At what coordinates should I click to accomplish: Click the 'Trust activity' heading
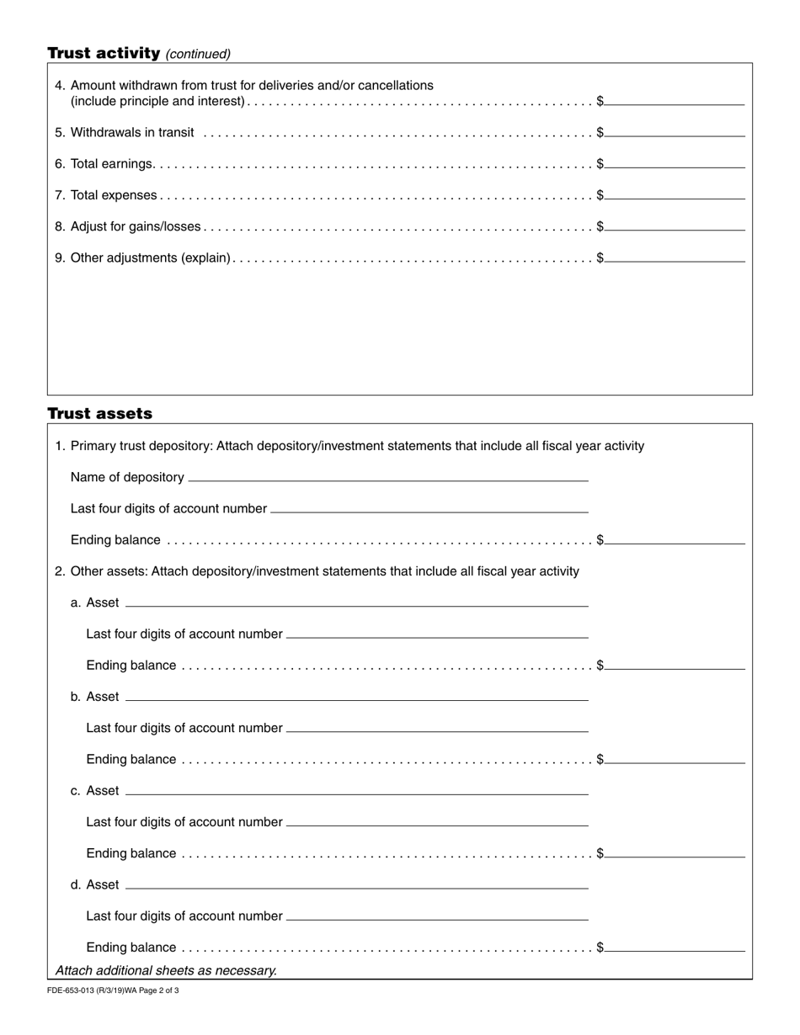click(104, 53)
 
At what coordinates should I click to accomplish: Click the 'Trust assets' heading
click(99, 413)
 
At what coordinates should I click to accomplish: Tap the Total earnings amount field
click(675, 162)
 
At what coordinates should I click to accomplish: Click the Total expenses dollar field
click(675, 194)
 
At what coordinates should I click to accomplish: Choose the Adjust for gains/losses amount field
click(675, 225)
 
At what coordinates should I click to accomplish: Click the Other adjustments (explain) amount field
click(675, 257)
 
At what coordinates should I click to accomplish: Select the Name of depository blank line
click(388, 475)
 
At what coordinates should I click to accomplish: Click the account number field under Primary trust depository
click(429, 507)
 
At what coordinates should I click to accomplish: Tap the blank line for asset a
click(356, 601)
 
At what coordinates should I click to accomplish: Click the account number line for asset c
click(437, 820)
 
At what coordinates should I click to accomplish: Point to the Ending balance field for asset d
click(675, 946)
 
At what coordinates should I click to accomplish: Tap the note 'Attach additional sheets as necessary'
click(166, 970)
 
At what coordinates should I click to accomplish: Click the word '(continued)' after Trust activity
click(198, 54)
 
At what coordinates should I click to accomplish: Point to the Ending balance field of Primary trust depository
click(675, 539)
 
